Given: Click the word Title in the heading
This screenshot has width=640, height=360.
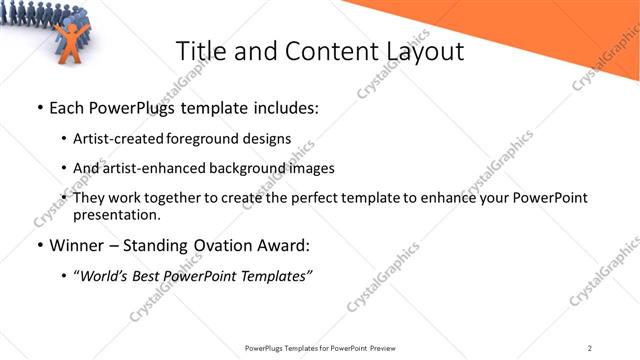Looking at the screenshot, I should pos(200,51).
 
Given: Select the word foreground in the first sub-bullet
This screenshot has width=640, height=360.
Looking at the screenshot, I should pos(206,138).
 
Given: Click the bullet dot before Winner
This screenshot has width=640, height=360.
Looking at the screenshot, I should pos(39,245).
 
